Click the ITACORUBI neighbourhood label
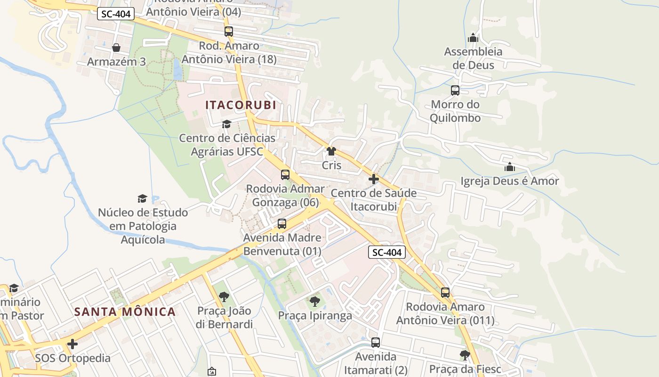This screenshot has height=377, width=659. (241, 105)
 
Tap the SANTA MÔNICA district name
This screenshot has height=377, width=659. (125, 311)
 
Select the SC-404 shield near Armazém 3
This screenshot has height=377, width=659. (116, 14)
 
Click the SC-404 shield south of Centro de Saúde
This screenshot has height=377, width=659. (386, 253)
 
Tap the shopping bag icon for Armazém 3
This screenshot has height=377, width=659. (116, 48)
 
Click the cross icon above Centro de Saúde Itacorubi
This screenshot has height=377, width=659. (374, 179)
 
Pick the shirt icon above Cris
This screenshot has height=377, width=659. (331, 151)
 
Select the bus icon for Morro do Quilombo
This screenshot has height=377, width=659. (455, 90)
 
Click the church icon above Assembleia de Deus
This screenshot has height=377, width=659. (473, 38)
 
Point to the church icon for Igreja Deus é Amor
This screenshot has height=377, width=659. (509, 167)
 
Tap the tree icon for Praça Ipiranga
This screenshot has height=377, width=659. (314, 301)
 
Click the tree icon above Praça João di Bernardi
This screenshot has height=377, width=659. (224, 297)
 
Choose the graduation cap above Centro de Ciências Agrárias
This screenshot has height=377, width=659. (226, 124)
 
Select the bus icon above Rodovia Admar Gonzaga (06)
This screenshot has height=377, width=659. (285, 175)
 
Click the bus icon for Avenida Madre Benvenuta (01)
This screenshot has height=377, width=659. (281, 224)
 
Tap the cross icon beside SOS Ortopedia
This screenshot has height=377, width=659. (72, 344)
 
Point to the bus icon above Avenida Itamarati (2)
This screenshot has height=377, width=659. (375, 343)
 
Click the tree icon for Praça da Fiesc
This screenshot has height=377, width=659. (465, 355)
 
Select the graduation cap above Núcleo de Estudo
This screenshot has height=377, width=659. (142, 198)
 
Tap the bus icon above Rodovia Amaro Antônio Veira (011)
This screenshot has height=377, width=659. (445, 293)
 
